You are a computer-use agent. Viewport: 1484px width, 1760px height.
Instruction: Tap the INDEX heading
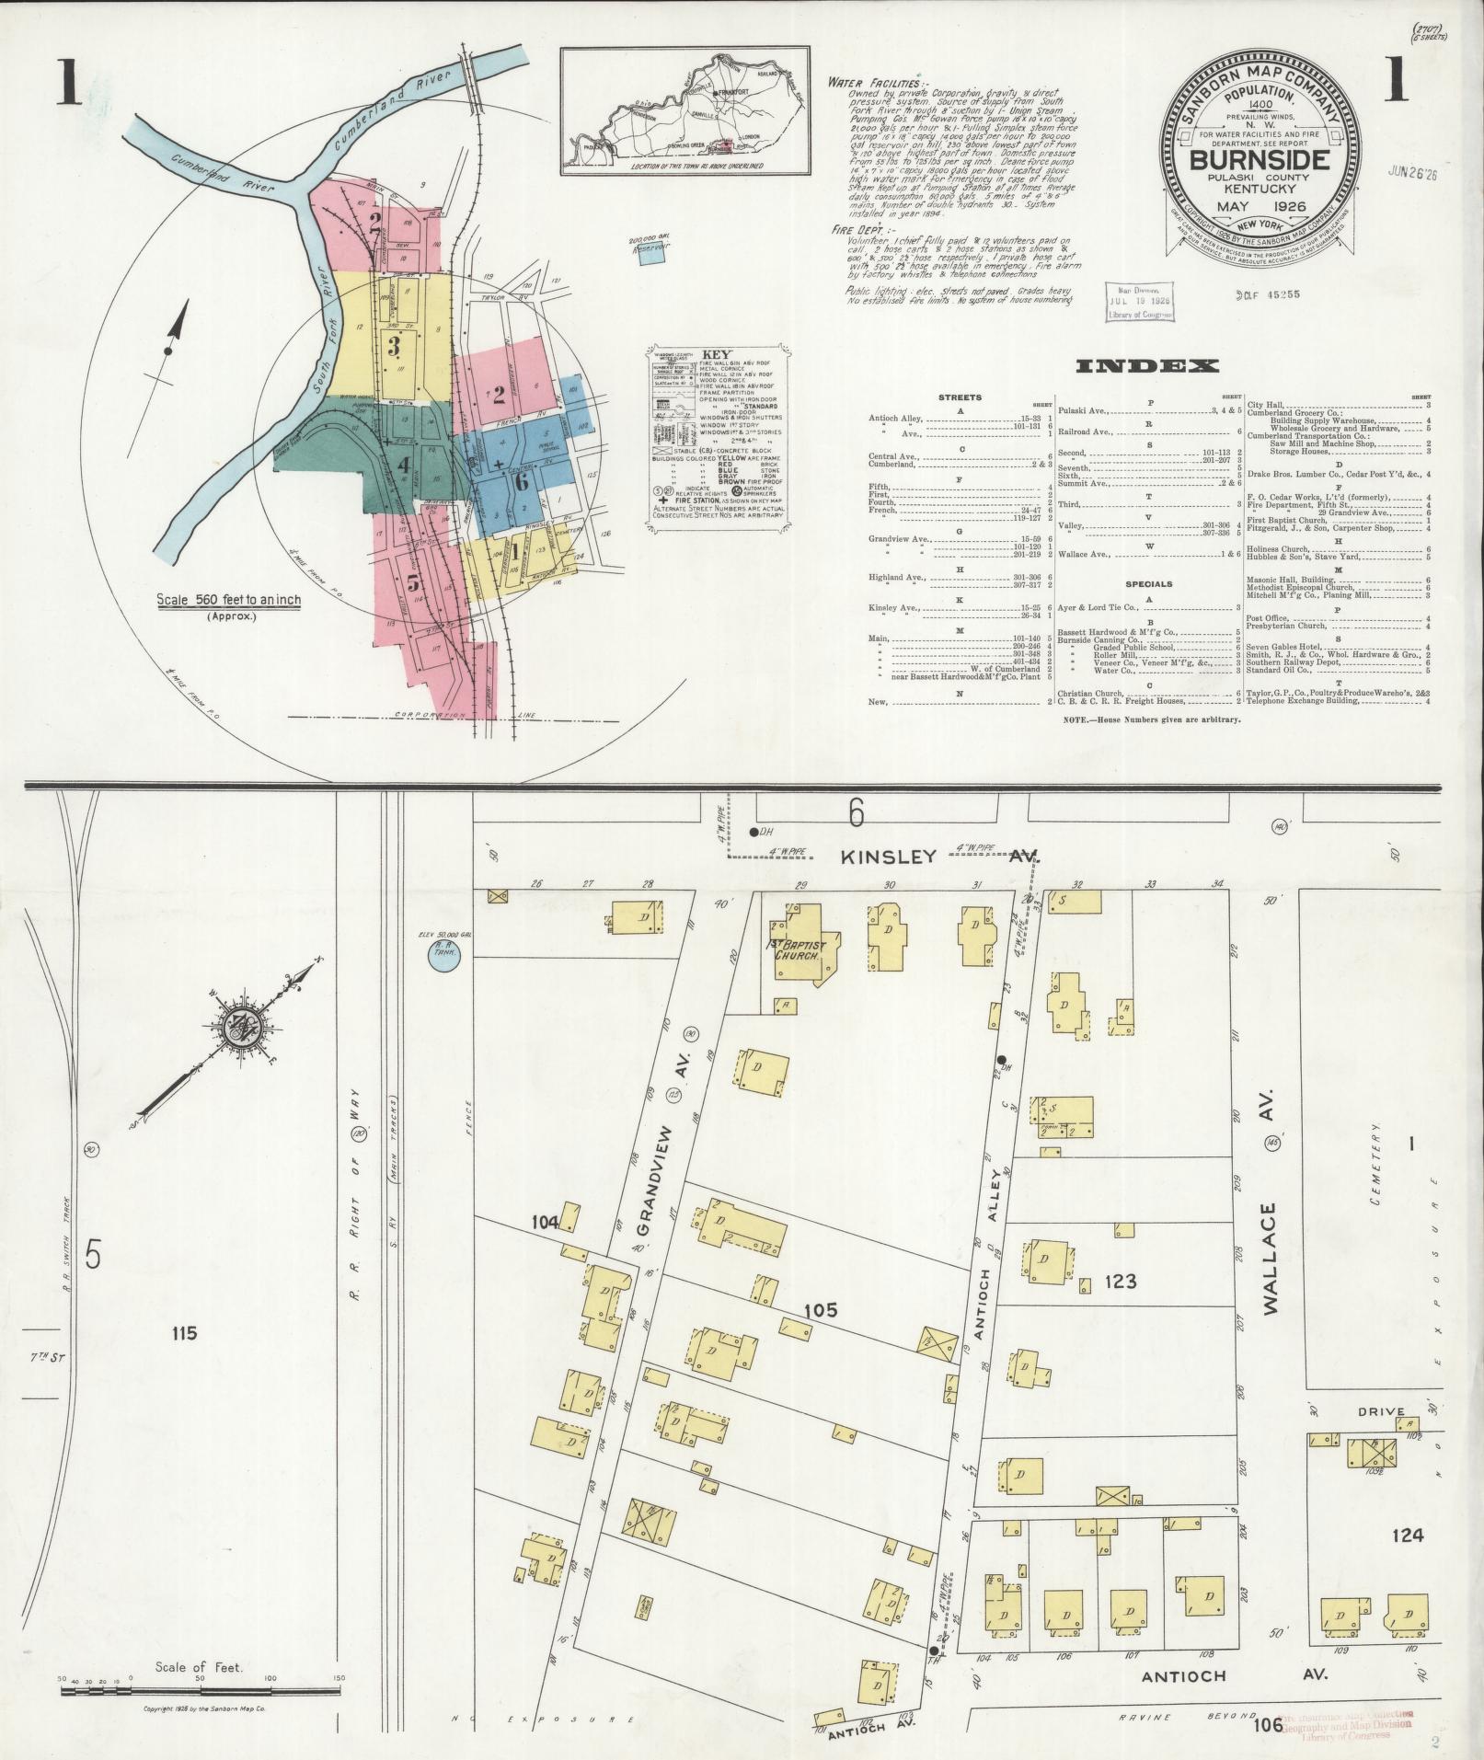[x=1147, y=366]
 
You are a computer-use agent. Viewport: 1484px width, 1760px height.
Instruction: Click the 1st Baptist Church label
[x=799, y=949]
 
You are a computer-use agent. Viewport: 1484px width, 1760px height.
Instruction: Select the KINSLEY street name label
[x=889, y=856]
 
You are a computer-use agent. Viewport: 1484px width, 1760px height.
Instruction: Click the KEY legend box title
[x=716, y=354]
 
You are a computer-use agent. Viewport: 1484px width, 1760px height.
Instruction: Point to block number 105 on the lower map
[x=819, y=1310]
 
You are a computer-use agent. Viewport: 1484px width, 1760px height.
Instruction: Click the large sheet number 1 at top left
[x=66, y=83]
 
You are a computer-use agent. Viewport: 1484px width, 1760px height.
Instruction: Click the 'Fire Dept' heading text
[x=857, y=230]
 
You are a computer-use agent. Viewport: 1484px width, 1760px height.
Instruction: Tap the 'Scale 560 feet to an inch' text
[x=228, y=600]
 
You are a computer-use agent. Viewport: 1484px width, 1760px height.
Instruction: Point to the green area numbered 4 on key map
[x=402, y=466]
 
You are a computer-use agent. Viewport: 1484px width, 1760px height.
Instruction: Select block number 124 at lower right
[x=1408, y=1535]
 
